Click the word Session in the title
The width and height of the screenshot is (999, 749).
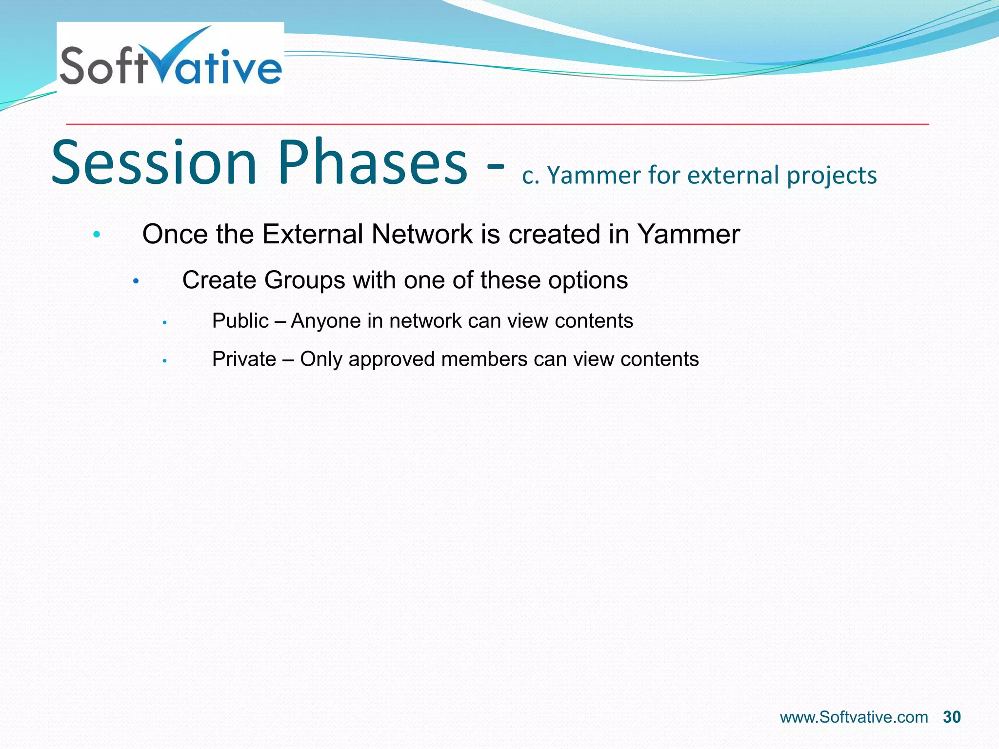coord(154,163)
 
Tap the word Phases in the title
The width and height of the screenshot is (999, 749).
coord(373,163)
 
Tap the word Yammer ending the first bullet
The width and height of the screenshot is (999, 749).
coord(688,234)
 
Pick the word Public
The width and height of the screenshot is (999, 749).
coord(240,321)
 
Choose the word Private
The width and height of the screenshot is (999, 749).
coord(244,359)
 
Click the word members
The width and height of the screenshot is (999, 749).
coord(484,359)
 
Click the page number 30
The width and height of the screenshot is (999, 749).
coord(952,717)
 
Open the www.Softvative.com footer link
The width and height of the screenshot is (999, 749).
coord(854,717)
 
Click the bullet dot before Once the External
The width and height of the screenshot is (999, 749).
coord(97,235)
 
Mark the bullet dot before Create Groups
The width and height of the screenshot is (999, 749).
coord(136,281)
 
